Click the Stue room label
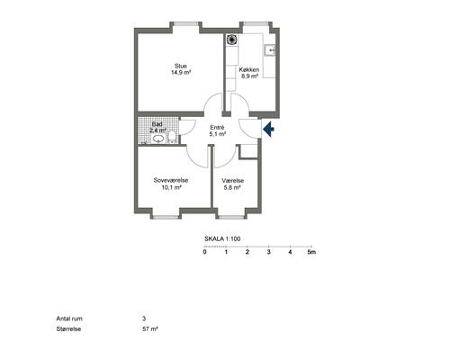(181, 66)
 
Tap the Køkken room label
(249, 69)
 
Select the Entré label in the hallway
(217, 128)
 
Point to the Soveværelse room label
(171, 180)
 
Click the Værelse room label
(233, 181)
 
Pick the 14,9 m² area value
(181, 73)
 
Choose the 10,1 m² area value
(172, 187)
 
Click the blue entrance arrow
(269, 129)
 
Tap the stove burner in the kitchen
(232, 40)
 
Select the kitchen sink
(270, 50)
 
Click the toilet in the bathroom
(172, 137)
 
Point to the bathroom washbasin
(158, 139)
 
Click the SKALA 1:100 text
(222, 238)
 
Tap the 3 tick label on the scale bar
(269, 252)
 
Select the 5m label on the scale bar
(311, 252)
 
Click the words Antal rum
(69, 319)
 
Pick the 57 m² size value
(150, 328)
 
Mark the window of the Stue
(186, 23)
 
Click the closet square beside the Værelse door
(248, 151)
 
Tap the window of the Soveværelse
(166, 217)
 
